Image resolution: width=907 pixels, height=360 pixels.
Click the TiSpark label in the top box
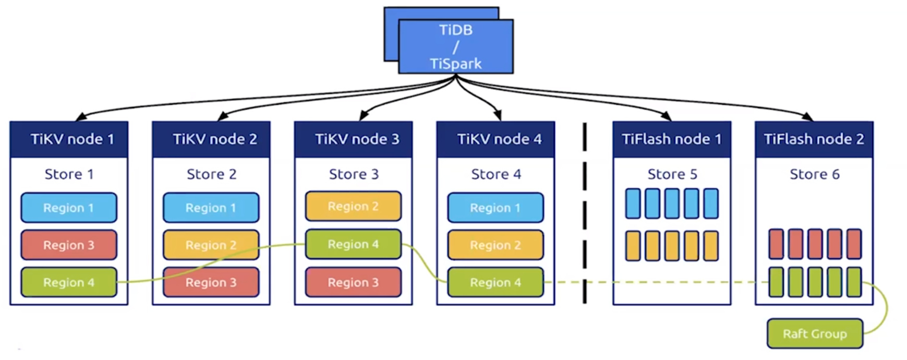455,64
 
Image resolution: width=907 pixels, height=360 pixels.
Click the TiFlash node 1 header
672,139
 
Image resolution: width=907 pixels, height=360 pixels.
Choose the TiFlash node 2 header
814,139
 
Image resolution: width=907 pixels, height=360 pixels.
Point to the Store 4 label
495,174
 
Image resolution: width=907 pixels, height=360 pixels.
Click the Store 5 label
672,174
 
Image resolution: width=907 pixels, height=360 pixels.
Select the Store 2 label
211,174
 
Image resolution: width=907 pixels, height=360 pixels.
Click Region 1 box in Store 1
69,208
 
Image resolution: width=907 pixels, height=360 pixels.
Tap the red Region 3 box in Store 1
69,245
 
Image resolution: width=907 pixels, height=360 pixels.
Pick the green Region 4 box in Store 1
69,282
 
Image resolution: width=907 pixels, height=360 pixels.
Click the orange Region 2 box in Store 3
353,206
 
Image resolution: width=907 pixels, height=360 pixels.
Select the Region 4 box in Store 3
353,244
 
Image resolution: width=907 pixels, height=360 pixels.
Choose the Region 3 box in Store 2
211,282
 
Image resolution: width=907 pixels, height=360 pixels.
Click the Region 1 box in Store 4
495,208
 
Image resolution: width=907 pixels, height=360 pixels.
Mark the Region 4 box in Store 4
495,282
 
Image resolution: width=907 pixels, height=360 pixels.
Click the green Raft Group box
815,334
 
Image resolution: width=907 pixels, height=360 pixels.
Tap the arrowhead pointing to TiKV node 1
80,117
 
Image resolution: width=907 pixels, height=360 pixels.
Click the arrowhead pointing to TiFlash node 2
808,117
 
